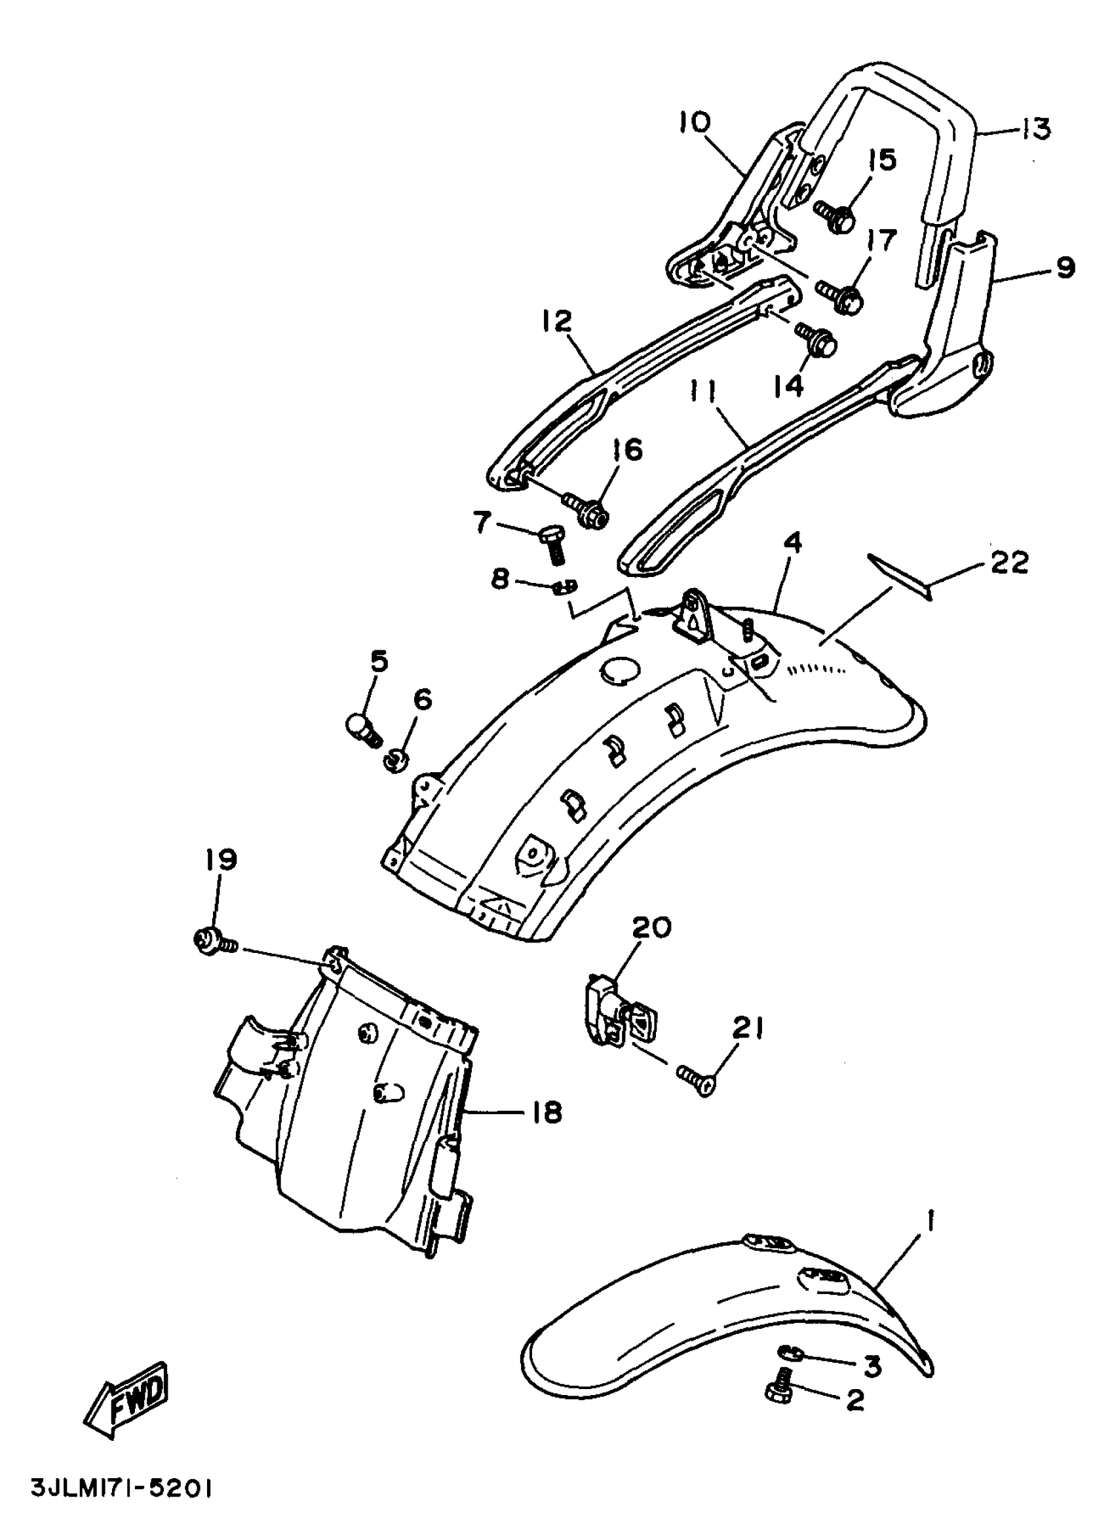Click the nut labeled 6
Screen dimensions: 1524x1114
[x=393, y=760]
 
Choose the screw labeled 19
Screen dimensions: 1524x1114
[x=214, y=941]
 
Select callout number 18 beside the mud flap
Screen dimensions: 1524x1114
[x=545, y=1113]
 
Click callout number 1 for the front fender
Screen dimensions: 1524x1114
[x=931, y=1219]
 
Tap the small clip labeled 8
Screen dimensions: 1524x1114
[x=562, y=586]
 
